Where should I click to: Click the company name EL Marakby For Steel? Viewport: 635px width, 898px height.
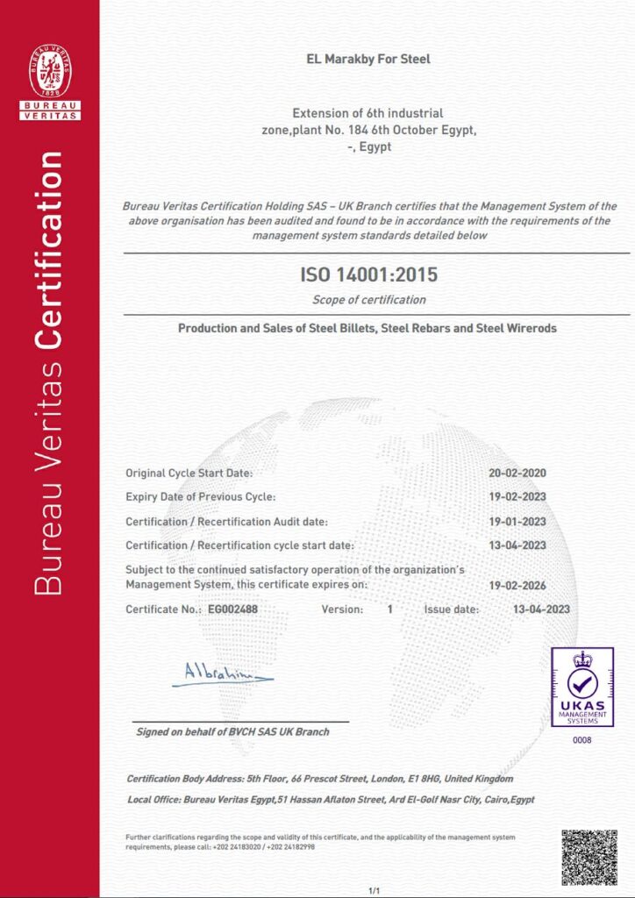coord(367,60)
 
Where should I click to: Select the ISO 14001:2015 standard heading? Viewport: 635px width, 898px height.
coord(368,275)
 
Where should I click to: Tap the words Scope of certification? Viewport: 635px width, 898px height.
coord(368,300)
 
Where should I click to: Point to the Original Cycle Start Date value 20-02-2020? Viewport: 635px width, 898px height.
coord(517,474)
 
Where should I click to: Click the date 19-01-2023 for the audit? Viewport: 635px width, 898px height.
coord(517,522)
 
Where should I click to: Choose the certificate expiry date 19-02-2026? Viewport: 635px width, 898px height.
coord(517,584)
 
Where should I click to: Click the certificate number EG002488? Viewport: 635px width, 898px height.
coord(232,609)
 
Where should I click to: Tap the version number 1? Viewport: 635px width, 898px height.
coord(389,609)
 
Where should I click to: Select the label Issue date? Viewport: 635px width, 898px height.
coord(452,609)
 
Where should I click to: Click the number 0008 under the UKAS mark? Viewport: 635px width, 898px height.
coord(581,741)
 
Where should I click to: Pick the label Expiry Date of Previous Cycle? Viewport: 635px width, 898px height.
coord(201,497)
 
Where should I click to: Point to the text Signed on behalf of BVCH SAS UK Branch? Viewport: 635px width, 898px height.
coord(232,731)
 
